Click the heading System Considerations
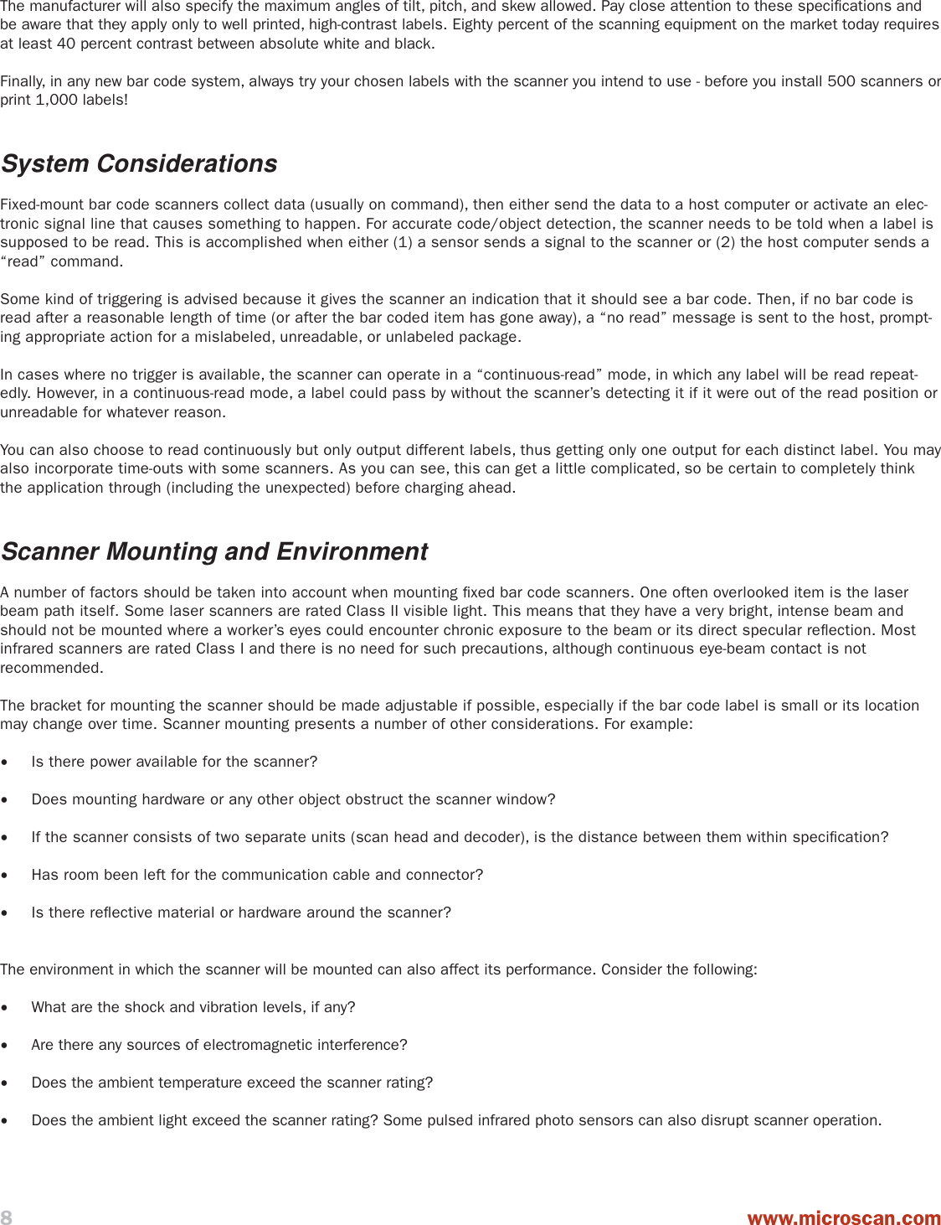click(x=139, y=163)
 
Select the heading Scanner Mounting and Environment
click(x=214, y=551)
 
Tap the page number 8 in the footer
click(x=7, y=1217)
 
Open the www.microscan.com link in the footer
click(x=844, y=1217)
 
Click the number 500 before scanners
click(x=841, y=81)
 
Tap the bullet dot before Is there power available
click(x=6, y=762)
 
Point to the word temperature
click(x=251, y=1083)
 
